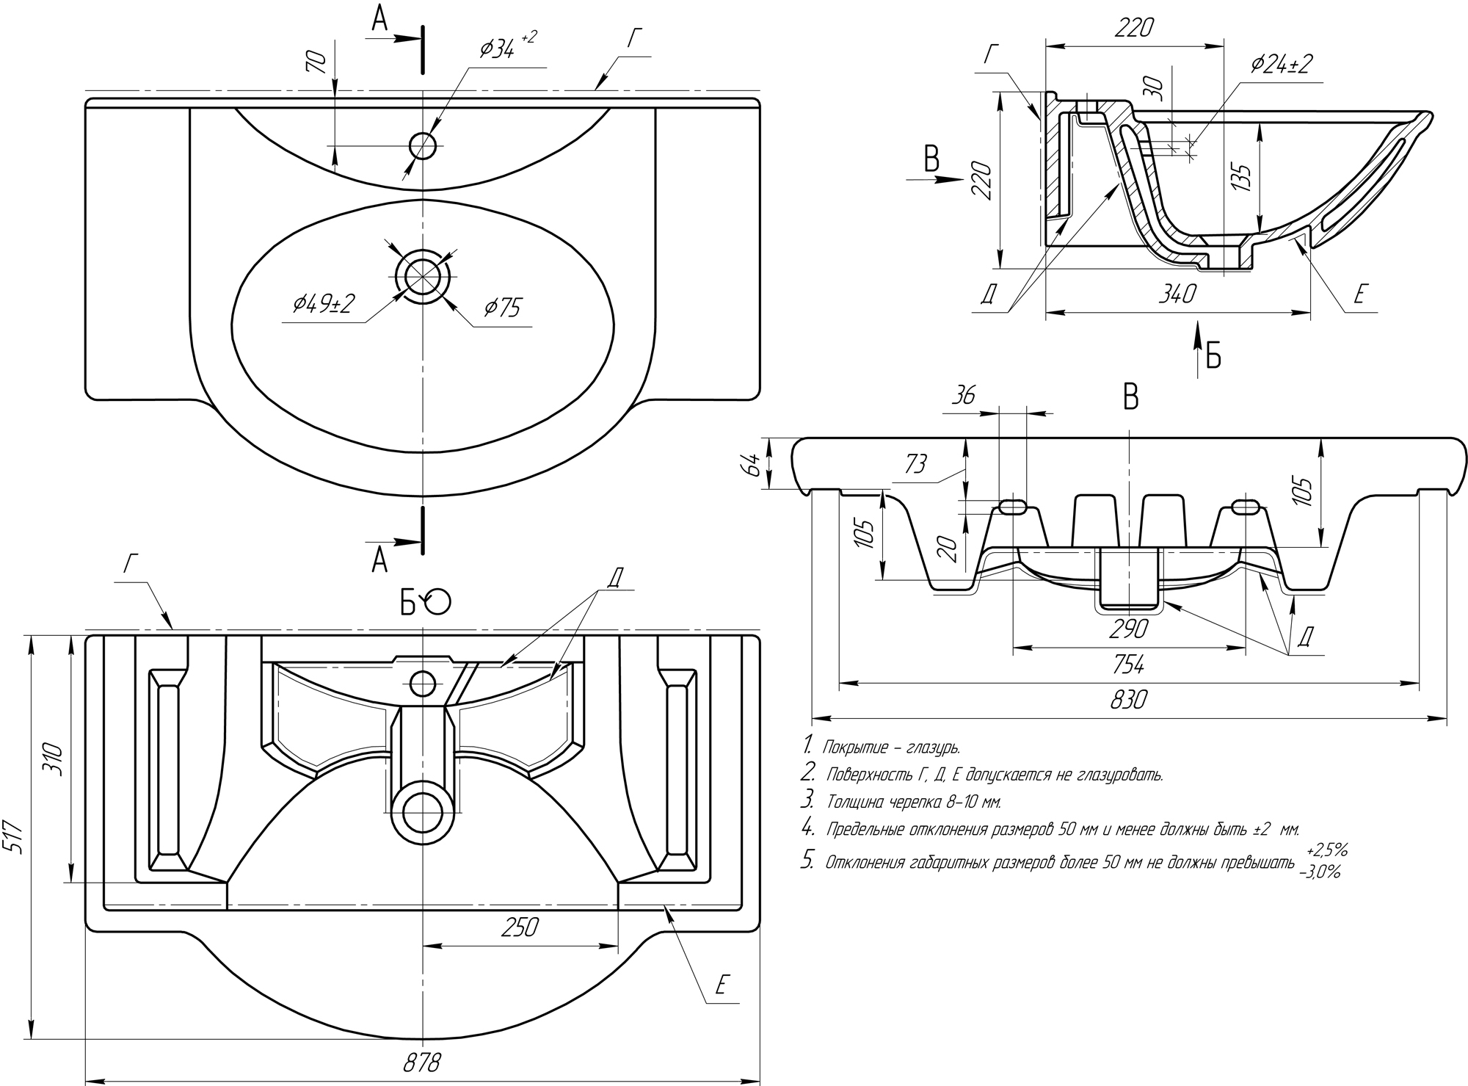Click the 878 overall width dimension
coord(422,1063)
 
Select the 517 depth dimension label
coord(16,836)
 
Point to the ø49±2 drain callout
coord(323,303)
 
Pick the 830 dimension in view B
coord(1128,700)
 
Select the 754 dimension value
coord(1128,665)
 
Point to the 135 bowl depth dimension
coord(1240,178)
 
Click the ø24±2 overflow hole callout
coord(1281,65)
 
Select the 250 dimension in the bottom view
coord(520,927)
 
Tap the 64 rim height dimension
coord(749,464)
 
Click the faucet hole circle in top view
coord(423,145)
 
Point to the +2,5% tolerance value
coord(1326,851)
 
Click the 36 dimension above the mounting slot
coord(963,396)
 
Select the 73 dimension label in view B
coord(915,464)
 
